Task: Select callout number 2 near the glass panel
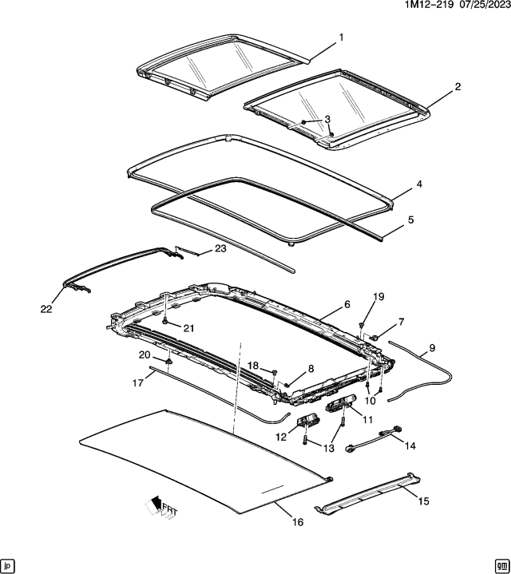click(458, 86)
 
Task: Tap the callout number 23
click(220, 249)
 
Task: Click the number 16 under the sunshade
click(297, 523)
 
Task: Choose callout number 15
click(423, 501)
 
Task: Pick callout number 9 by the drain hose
click(432, 347)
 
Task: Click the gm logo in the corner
click(501, 564)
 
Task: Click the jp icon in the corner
click(9, 564)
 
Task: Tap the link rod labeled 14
click(374, 439)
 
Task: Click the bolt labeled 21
click(165, 320)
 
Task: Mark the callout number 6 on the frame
click(347, 304)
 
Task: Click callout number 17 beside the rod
click(137, 382)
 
